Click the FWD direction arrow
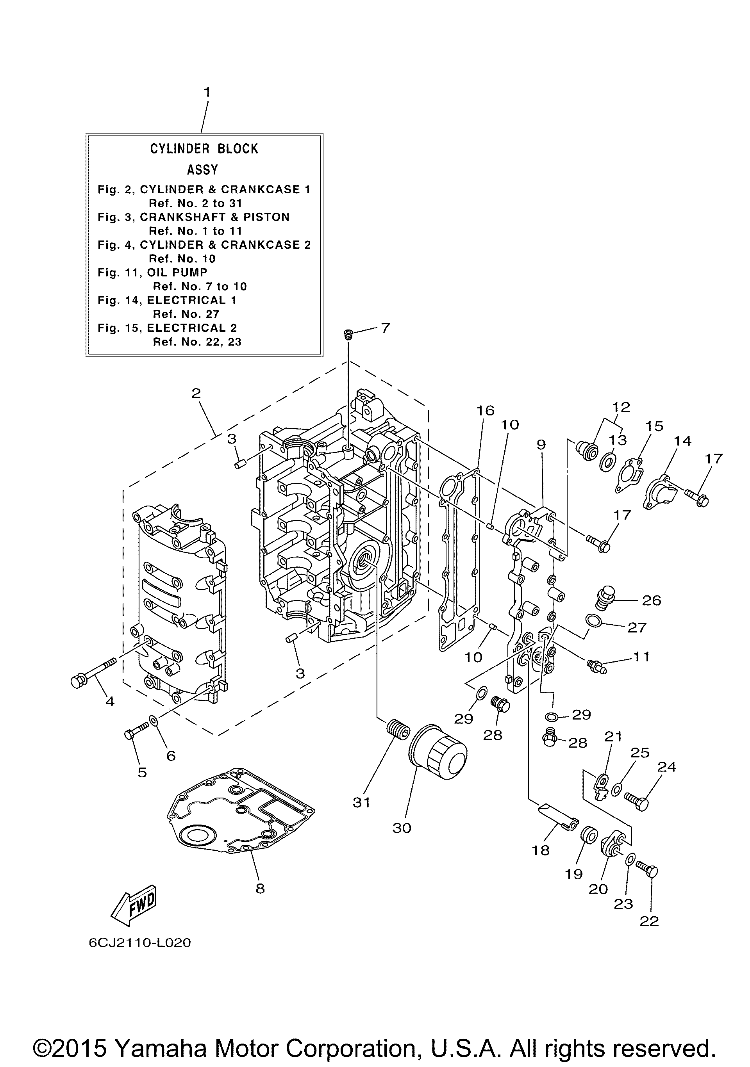(x=134, y=906)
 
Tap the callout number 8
(x=260, y=888)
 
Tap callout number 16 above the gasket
(x=485, y=410)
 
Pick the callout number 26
(x=652, y=600)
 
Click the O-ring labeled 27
(x=593, y=620)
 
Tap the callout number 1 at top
(x=207, y=92)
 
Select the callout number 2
(x=196, y=393)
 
